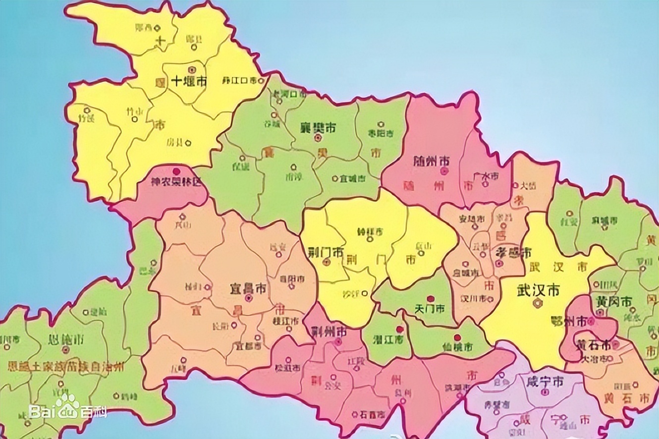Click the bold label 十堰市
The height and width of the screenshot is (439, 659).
pos(188,82)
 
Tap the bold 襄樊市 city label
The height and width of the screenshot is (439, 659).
pos(318,127)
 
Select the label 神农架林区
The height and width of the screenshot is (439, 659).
pos(177,182)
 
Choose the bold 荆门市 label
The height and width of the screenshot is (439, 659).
pos(325,251)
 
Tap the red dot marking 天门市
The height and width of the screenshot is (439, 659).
pos(431,299)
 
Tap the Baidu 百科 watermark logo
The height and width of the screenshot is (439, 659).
pos(67,409)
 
